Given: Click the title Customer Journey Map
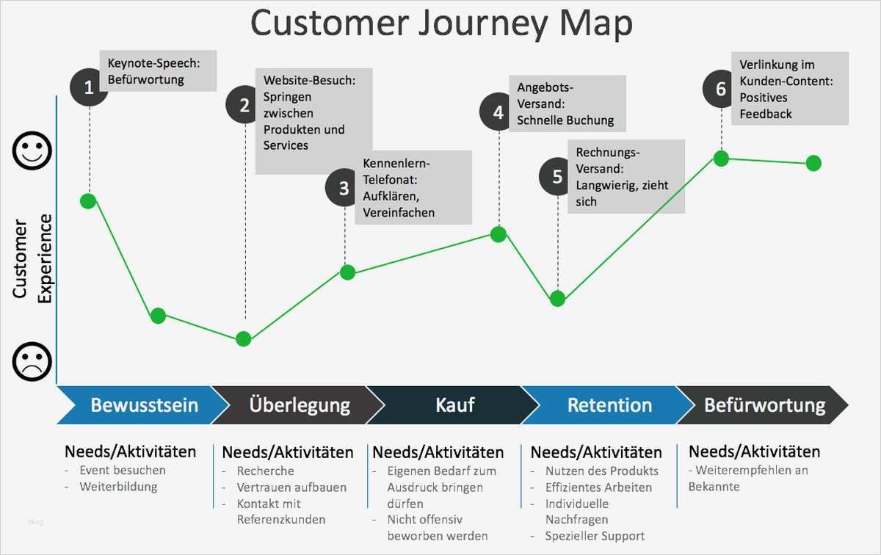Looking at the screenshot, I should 441,23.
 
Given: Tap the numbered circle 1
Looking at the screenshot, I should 89,88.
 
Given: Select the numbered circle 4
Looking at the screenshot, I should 498,112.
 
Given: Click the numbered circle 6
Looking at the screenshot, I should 721,89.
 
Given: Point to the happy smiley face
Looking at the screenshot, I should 32,150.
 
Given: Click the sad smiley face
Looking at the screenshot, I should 32,361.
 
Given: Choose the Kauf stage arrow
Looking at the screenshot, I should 454,405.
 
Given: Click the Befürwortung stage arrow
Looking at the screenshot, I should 764,405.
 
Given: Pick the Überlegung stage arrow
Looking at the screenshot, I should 298,405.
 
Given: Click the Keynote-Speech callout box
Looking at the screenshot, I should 157,71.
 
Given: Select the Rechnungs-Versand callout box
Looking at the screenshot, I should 626,177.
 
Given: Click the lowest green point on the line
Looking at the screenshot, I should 244,338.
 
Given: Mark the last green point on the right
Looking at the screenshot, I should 813,163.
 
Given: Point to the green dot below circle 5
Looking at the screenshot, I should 557,299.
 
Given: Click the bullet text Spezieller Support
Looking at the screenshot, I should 595,536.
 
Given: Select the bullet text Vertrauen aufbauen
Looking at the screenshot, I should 291,487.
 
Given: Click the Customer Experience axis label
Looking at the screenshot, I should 32,258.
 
